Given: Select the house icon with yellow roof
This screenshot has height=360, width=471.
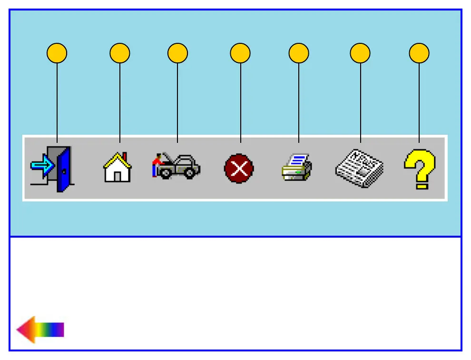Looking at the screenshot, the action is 117,168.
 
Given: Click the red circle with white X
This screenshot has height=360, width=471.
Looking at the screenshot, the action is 239,169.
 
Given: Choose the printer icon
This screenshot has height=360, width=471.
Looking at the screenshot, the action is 296,167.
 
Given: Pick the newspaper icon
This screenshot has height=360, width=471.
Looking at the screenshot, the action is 359,168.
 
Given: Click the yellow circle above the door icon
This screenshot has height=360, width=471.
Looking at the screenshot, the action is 57,53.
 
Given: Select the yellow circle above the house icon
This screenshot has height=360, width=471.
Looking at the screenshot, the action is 119,53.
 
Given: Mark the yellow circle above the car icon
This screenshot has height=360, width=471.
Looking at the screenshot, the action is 177,53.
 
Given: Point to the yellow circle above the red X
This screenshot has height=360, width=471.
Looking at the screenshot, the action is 240,53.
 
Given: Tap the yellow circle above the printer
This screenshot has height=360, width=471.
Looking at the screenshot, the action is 299,53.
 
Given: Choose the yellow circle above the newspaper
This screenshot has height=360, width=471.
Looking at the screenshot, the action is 360,53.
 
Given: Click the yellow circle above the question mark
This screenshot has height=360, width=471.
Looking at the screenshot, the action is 419,53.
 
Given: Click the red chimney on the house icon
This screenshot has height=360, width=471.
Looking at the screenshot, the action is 125,157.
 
